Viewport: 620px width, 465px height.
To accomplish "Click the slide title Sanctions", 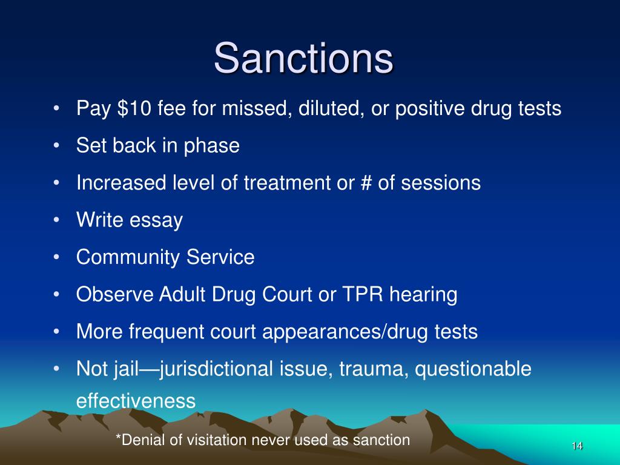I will tap(303, 58).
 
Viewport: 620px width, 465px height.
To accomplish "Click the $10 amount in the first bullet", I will tap(131, 109).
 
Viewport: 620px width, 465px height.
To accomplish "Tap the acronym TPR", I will tap(363, 295).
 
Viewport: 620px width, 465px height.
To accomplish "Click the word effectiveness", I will tap(136, 401).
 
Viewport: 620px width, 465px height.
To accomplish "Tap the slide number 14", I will tap(576, 446).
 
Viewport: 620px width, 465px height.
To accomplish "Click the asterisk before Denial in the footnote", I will tap(118, 439).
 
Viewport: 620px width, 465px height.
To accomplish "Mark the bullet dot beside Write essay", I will tap(56, 220).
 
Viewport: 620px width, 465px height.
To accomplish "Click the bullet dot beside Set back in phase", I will tap(56, 146).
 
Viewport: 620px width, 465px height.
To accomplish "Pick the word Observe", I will tap(114, 295).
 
